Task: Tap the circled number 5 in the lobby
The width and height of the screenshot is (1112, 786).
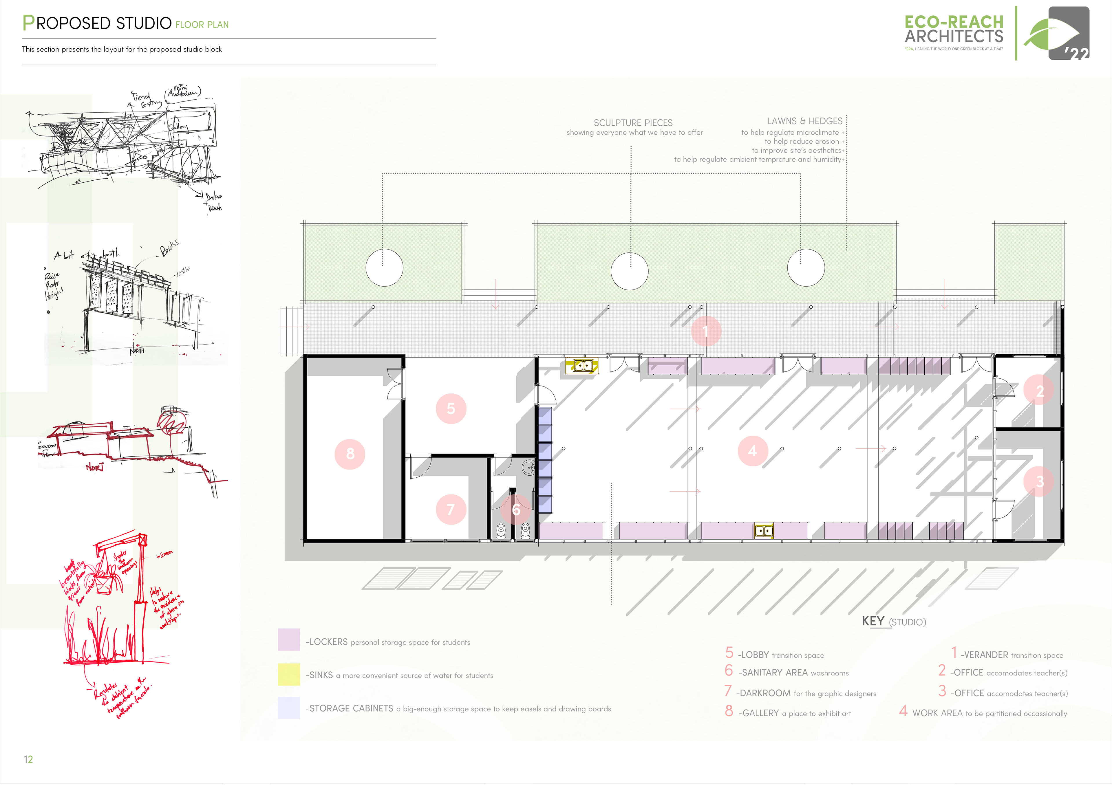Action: pos(451,409)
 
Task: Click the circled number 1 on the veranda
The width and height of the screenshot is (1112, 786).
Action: pos(706,331)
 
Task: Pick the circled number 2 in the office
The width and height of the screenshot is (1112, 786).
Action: pos(1039,390)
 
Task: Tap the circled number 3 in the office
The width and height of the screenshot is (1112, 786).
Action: pos(1039,481)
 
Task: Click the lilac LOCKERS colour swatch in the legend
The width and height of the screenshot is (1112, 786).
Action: pos(289,640)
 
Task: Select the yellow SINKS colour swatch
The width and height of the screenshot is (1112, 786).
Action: pos(289,675)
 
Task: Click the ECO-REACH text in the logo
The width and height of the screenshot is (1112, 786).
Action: pos(954,22)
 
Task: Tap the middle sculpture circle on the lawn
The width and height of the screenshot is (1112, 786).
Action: pos(629,271)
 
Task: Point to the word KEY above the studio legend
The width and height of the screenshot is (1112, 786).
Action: pos(873,621)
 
